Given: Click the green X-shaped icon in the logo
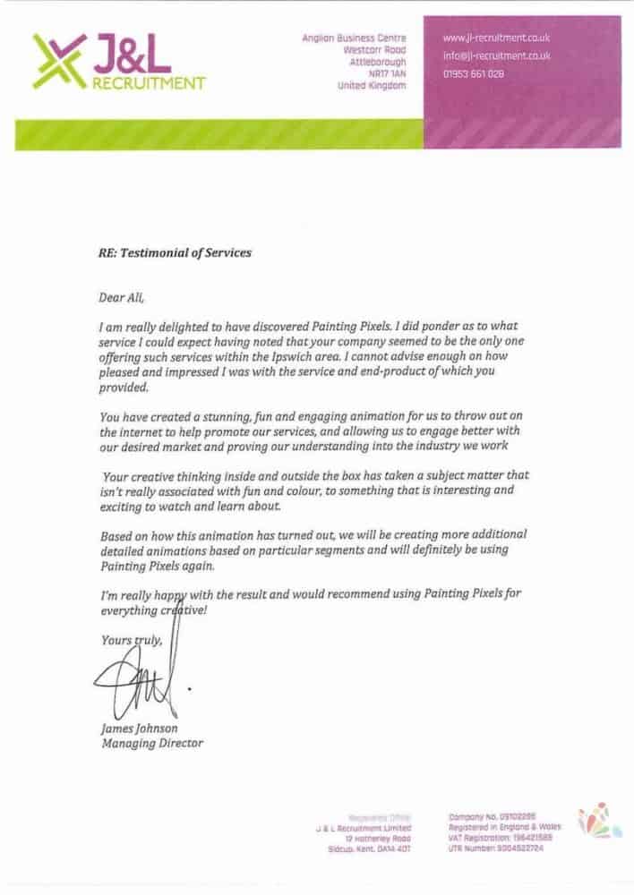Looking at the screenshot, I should click(x=59, y=61).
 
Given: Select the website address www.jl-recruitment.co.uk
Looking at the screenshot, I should click(x=496, y=38).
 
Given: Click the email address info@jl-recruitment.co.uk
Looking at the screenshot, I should click(x=496, y=55).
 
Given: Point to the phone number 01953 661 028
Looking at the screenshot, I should click(x=474, y=74).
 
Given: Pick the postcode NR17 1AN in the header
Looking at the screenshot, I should click(x=387, y=74).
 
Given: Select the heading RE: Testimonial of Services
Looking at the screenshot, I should click(x=175, y=253).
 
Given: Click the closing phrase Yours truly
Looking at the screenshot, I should click(x=132, y=640).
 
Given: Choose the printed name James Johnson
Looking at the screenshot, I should click(x=140, y=729).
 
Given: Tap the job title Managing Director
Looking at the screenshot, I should click(x=152, y=743).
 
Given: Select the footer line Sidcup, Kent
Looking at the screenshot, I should click(x=368, y=848).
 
